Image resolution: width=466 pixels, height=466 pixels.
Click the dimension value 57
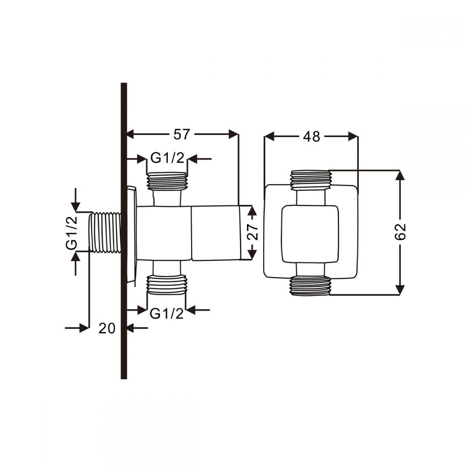pyautogui.click(x=181, y=134)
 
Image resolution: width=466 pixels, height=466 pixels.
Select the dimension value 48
pyautogui.click(x=311, y=137)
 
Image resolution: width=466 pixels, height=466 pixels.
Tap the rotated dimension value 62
pyautogui.click(x=400, y=232)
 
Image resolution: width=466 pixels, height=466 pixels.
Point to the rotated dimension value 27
pyautogui.click(x=252, y=232)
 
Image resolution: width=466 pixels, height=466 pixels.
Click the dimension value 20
pyautogui.click(x=107, y=329)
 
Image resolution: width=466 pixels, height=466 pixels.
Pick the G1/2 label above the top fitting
pyautogui.click(x=167, y=158)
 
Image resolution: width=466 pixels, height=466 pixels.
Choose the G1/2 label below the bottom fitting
pyautogui.click(x=167, y=314)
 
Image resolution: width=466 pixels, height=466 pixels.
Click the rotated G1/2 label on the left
pyautogui.click(x=72, y=233)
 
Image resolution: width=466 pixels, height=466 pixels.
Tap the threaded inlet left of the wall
pyautogui.click(x=105, y=233)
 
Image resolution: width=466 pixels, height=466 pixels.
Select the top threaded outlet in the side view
pyautogui.click(x=167, y=181)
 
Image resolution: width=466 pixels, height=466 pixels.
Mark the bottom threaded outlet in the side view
pyautogui.click(x=167, y=285)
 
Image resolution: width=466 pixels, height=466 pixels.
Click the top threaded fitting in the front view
pyautogui.click(x=310, y=180)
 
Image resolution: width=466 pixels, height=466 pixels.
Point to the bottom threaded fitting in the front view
pyautogui.click(x=310, y=286)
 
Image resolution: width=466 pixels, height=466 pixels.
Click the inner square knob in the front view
pyautogui.click(x=310, y=234)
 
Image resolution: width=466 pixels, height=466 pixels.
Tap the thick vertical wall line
pyautogui.click(x=124, y=231)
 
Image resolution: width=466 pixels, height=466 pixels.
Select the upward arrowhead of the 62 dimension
pyautogui.click(x=400, y=175)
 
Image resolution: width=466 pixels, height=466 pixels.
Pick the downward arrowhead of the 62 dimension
pyautogui.click(x=400, y=290)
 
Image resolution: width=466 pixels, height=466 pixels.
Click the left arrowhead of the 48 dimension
pyautogui.click(x=269, y=137)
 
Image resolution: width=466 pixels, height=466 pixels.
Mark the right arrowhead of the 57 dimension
pyautogui.click(x=233, y=134)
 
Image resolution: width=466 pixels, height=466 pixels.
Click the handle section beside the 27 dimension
pyautogui.click(x=215, y=233)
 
